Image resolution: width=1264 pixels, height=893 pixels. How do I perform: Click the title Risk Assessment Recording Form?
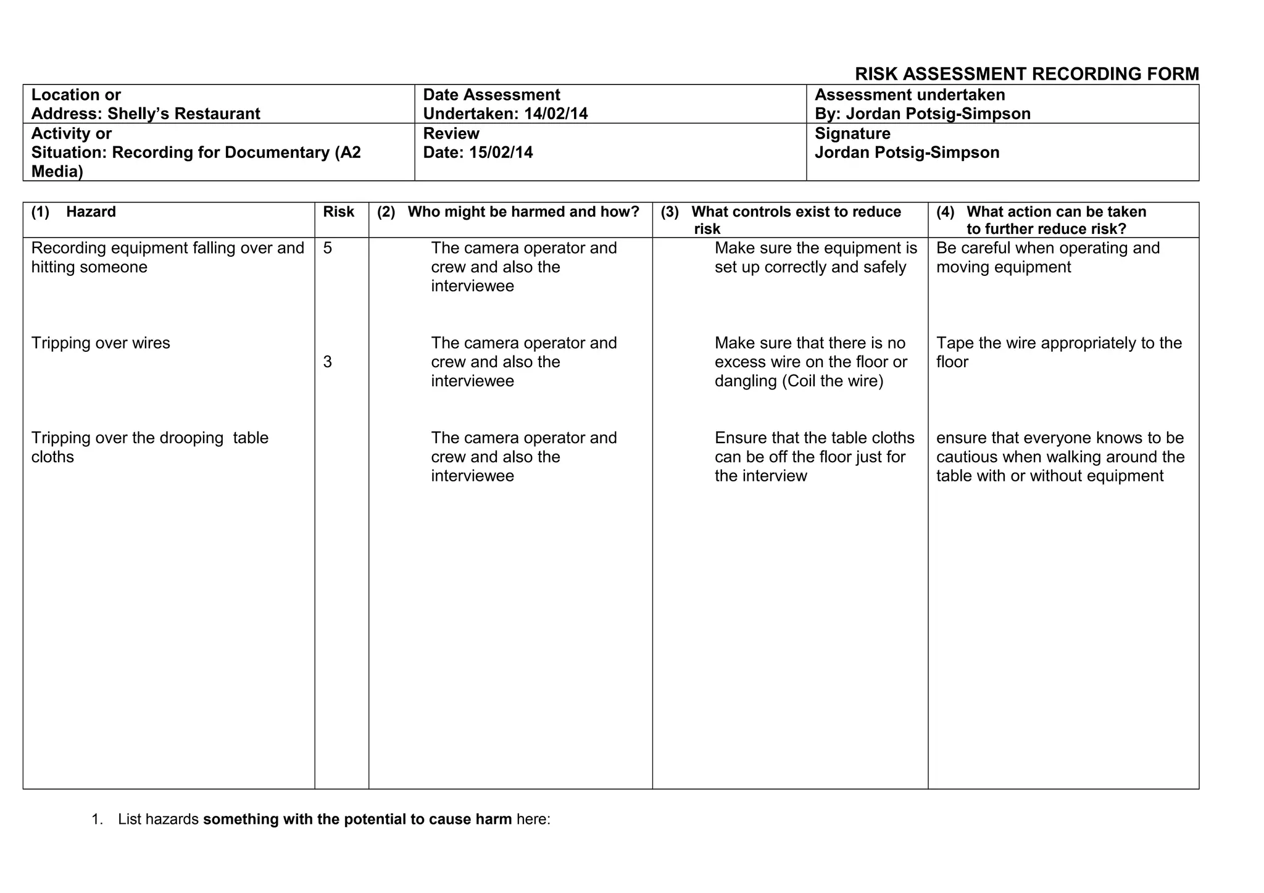click(x=1026, y=74)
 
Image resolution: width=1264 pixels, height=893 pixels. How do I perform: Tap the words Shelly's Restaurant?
click(x=183, y=114)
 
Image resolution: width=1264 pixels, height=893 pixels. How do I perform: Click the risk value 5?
click(x=327, y=248)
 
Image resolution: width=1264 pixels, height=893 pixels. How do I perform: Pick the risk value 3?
click(x=327, y=362)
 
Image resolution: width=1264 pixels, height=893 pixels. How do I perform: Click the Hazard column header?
click(x=91, y=212)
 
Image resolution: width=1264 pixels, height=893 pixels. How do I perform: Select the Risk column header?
click(x=338, y=212)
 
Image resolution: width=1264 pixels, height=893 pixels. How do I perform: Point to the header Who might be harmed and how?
click(x=523, y=212)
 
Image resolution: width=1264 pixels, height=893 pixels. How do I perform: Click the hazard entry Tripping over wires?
click(x=101, y=343)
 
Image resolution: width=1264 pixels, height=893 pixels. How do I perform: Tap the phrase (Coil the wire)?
click(x=833, y=381)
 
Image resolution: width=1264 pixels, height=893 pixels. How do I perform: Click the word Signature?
click(x=852, y=134)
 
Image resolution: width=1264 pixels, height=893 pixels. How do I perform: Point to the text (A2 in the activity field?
click(x=347, y=152)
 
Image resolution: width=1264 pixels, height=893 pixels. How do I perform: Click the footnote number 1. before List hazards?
click(x=97, y=820)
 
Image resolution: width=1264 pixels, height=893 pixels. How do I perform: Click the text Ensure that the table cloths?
click(x=814, y=438)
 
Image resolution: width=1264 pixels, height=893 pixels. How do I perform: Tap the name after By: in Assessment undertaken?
click(x=938, y=114)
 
